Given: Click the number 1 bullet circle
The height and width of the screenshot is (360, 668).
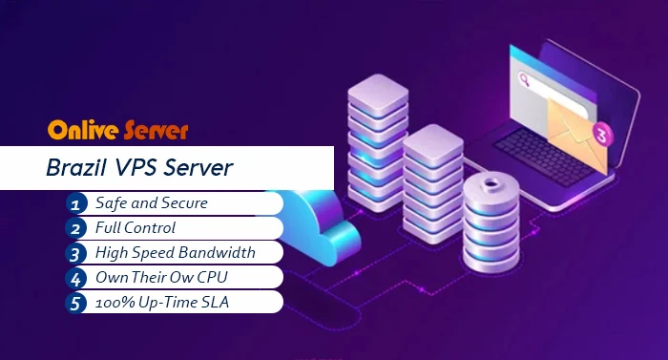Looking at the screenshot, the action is click(x=76, y=203).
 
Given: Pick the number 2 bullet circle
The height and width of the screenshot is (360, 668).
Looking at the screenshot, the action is click(x=76, y=228).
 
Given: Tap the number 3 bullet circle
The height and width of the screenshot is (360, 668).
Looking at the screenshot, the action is click(x=76, y=253).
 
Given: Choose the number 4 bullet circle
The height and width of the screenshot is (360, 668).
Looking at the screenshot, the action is click(x=76, y=278).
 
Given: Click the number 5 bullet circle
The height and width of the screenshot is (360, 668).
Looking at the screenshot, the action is click(x=76, y=303).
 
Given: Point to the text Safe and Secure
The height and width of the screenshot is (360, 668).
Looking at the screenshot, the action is click(x=151, y=203).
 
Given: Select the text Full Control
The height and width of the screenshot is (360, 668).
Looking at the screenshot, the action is click(x=135, y=228).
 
